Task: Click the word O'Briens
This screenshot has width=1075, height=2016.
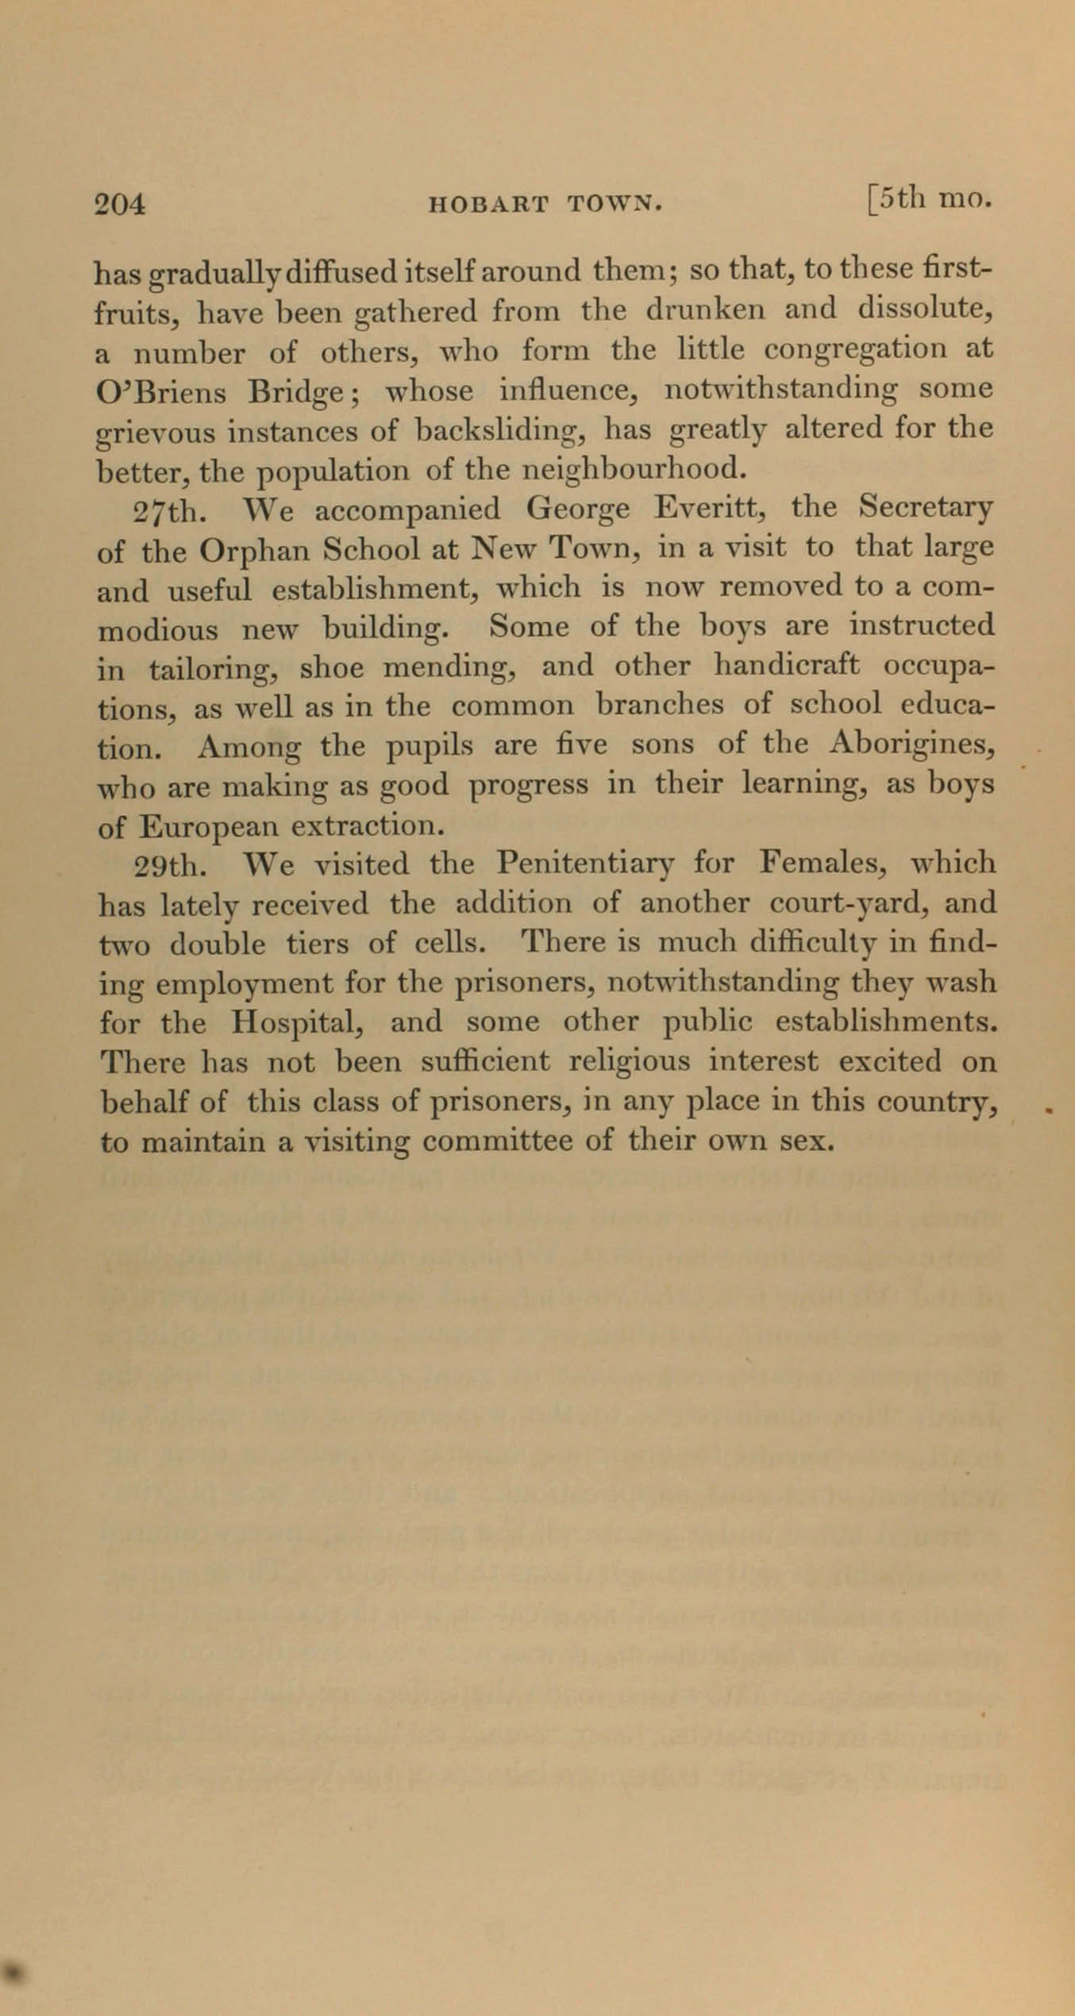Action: (x=161, y=392)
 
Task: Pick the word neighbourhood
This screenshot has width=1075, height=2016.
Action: (x=636, y=471)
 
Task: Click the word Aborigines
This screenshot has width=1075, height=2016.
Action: (x=913, y=746)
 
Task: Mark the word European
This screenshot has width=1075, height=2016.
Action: (x=207, y=827)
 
